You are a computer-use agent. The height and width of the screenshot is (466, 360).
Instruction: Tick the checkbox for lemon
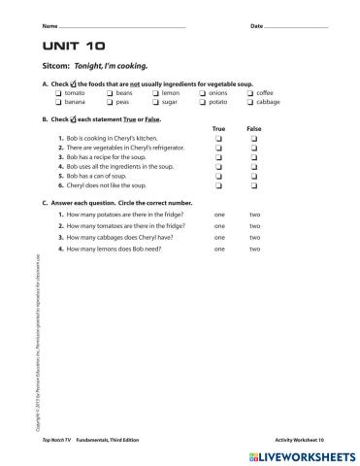tap(156, 92)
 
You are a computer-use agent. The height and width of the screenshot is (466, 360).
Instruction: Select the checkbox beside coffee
tap(251, 92)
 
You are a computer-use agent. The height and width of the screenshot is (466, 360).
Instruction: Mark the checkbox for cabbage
tap(251, 101)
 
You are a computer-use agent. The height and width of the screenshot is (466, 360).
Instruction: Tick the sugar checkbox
tap(156, 101)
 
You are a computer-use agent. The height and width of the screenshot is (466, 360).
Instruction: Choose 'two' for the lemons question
tap(254, 249)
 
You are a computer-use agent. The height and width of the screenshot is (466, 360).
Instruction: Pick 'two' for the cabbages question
tap(254, 237)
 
